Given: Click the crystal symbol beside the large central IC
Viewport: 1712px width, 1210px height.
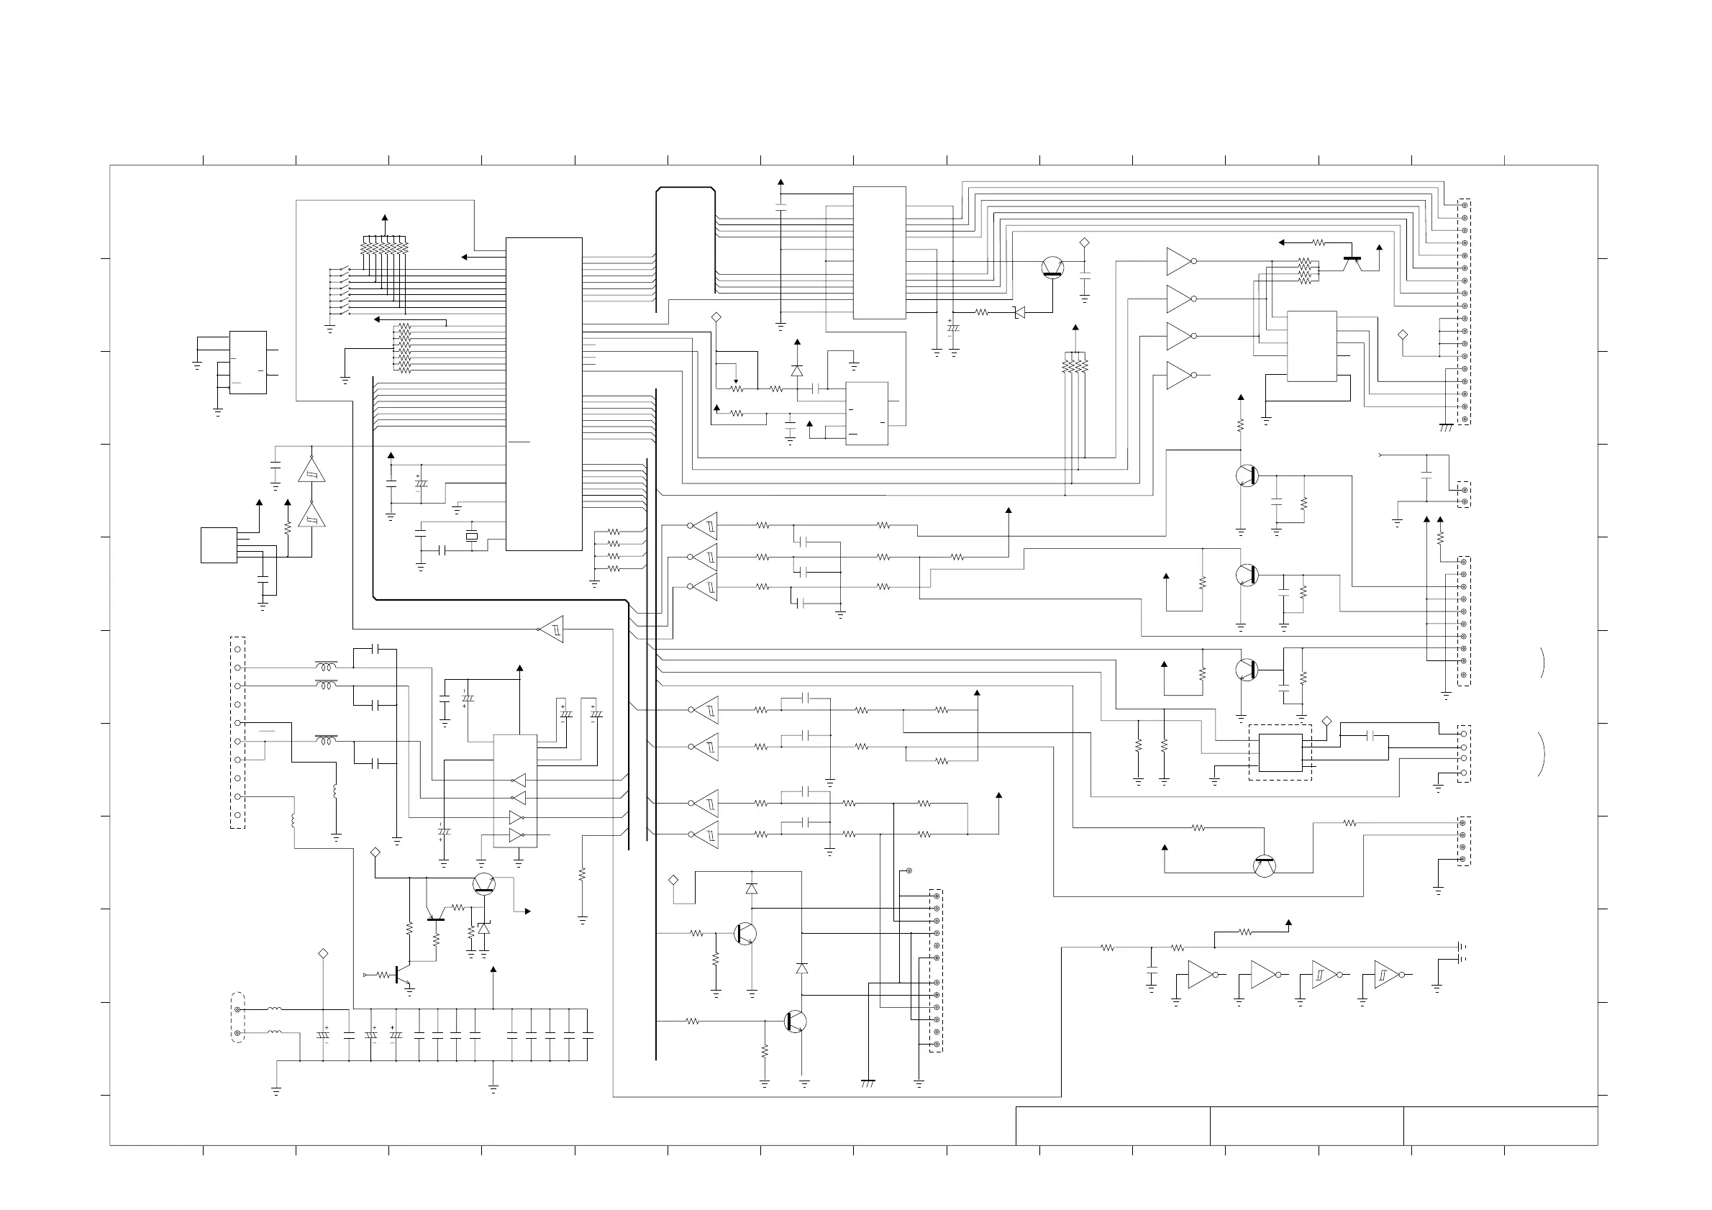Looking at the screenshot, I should coord(471,536).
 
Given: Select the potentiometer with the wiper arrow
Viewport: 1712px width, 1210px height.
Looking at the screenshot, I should coord(737,388).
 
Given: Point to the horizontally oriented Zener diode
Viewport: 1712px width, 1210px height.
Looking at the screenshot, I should coord(1019,312).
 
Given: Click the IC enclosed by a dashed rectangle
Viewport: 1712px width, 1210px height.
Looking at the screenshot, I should coord(1280,753).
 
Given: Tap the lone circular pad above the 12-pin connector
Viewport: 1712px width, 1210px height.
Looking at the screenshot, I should coord(909,870).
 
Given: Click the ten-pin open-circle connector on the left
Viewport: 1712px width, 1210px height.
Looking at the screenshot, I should coord(238,732).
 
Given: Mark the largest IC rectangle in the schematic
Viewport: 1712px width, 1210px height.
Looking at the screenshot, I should coord(544,394).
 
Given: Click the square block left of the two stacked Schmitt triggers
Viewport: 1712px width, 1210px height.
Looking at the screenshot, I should coord(219,545).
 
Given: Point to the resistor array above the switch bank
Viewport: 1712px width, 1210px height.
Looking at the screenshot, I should coord(385,245).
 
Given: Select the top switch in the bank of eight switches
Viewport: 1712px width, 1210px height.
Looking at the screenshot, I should coord(340,270).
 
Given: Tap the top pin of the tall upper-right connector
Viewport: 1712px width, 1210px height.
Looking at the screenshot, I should coord(1465,206).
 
